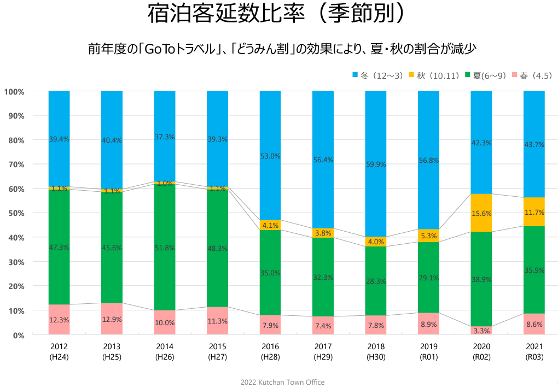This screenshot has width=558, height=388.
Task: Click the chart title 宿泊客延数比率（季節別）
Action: coord(279,15)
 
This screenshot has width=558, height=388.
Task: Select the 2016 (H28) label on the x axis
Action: coord(270,351)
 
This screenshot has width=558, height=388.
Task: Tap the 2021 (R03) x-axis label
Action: coord(534,351)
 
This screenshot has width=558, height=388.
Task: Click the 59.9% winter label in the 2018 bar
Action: coord(376,163)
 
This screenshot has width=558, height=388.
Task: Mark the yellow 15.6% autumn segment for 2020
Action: coord(481,213)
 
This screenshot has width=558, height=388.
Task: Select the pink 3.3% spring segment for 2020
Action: coord(481,331)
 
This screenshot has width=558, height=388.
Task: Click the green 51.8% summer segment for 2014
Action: coord(165,248)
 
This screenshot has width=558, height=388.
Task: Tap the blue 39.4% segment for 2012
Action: coord(59,139)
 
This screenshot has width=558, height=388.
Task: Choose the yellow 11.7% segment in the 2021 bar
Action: coord(534,212)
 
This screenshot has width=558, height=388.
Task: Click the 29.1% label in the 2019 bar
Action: coord(428,278)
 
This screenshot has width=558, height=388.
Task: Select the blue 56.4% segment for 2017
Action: coord(323,160)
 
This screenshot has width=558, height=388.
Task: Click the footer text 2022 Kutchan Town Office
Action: coord(282,382)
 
